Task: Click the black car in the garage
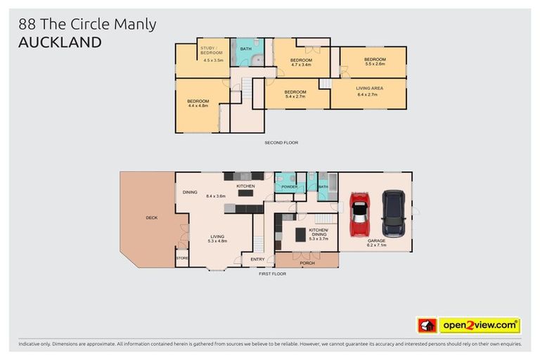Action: pyautogui.click(x=393, y=214)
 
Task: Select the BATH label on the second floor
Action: pyautogui.click(x=246, y=49)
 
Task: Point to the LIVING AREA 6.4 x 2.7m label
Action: pyautogui.click(x=367, y=91)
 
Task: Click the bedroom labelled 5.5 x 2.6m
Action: pyautogui.click(x=375, y=62)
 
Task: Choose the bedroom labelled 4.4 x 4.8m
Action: pyautogui.click(x=198, y=103)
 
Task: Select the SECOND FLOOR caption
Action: pyautogui.click(x=281, y=143)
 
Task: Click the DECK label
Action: pyautogui.click(x=151, y=218)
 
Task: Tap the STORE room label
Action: pyautogui.click(x=182, y=258)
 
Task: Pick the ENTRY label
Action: pyautogui.click(x=258, y=259)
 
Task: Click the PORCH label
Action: pyautogui.click(x=307, y=264)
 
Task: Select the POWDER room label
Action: pyautogui.click(x=289, y=187)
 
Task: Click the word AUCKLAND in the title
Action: pyautogui.click(x=59, y=42)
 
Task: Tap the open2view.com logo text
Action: pyautogui.click(x=479, y=326)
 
